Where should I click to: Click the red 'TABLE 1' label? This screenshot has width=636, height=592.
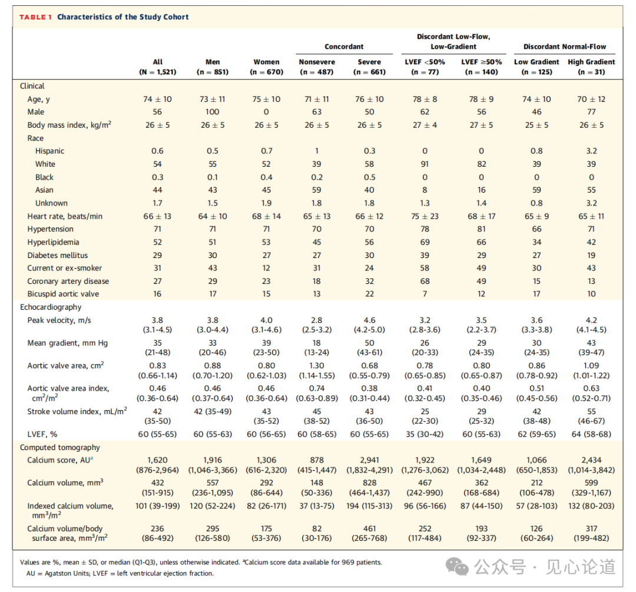36,17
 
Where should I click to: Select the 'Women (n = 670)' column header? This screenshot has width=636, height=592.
267,67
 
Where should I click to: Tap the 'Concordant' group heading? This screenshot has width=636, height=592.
344,47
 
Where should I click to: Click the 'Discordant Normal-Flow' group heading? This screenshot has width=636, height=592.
565,47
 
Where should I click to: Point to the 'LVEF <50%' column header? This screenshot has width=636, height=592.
425,62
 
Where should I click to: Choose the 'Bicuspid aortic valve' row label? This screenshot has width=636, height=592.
63,294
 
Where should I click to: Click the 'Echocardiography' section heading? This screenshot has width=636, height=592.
51,307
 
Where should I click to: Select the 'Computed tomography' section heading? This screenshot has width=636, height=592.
60,447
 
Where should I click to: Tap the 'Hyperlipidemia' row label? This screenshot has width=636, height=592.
53,242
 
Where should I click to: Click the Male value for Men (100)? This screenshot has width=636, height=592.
212,112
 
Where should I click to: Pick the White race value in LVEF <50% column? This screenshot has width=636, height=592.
425,164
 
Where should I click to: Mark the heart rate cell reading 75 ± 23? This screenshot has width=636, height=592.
425,216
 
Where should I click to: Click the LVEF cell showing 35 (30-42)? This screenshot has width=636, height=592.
425,434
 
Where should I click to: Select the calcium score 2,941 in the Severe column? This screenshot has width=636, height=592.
369,460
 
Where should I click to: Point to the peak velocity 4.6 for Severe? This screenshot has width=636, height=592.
369,320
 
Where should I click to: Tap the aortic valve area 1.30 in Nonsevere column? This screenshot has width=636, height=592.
317,366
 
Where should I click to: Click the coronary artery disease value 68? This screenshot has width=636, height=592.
425,281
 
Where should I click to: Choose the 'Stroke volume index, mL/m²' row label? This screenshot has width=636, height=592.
77,411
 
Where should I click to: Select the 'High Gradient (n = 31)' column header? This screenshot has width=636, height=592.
591,67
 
